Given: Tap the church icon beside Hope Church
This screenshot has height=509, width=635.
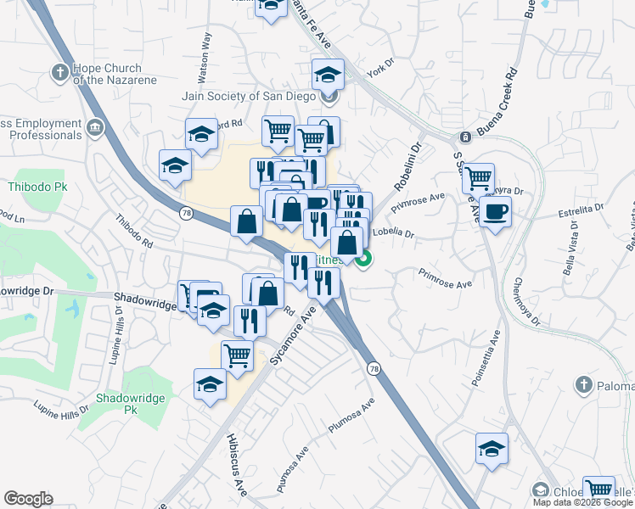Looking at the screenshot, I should pos(60,72).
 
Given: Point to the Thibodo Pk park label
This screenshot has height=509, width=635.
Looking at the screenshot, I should pos(30,186).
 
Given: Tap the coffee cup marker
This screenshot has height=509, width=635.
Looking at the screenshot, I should pos(495,210).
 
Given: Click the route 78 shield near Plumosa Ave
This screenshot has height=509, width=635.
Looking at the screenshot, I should pos(374,368).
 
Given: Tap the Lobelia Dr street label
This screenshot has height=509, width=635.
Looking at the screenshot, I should pos(393,233).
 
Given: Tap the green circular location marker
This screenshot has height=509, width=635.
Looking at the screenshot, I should pos(363,260).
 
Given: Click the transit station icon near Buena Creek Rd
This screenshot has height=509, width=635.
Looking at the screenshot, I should pos(464,137).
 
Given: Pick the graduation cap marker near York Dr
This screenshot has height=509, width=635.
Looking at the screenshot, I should pos(328,75).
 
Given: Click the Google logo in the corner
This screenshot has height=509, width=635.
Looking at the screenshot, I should pos(28,499).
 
